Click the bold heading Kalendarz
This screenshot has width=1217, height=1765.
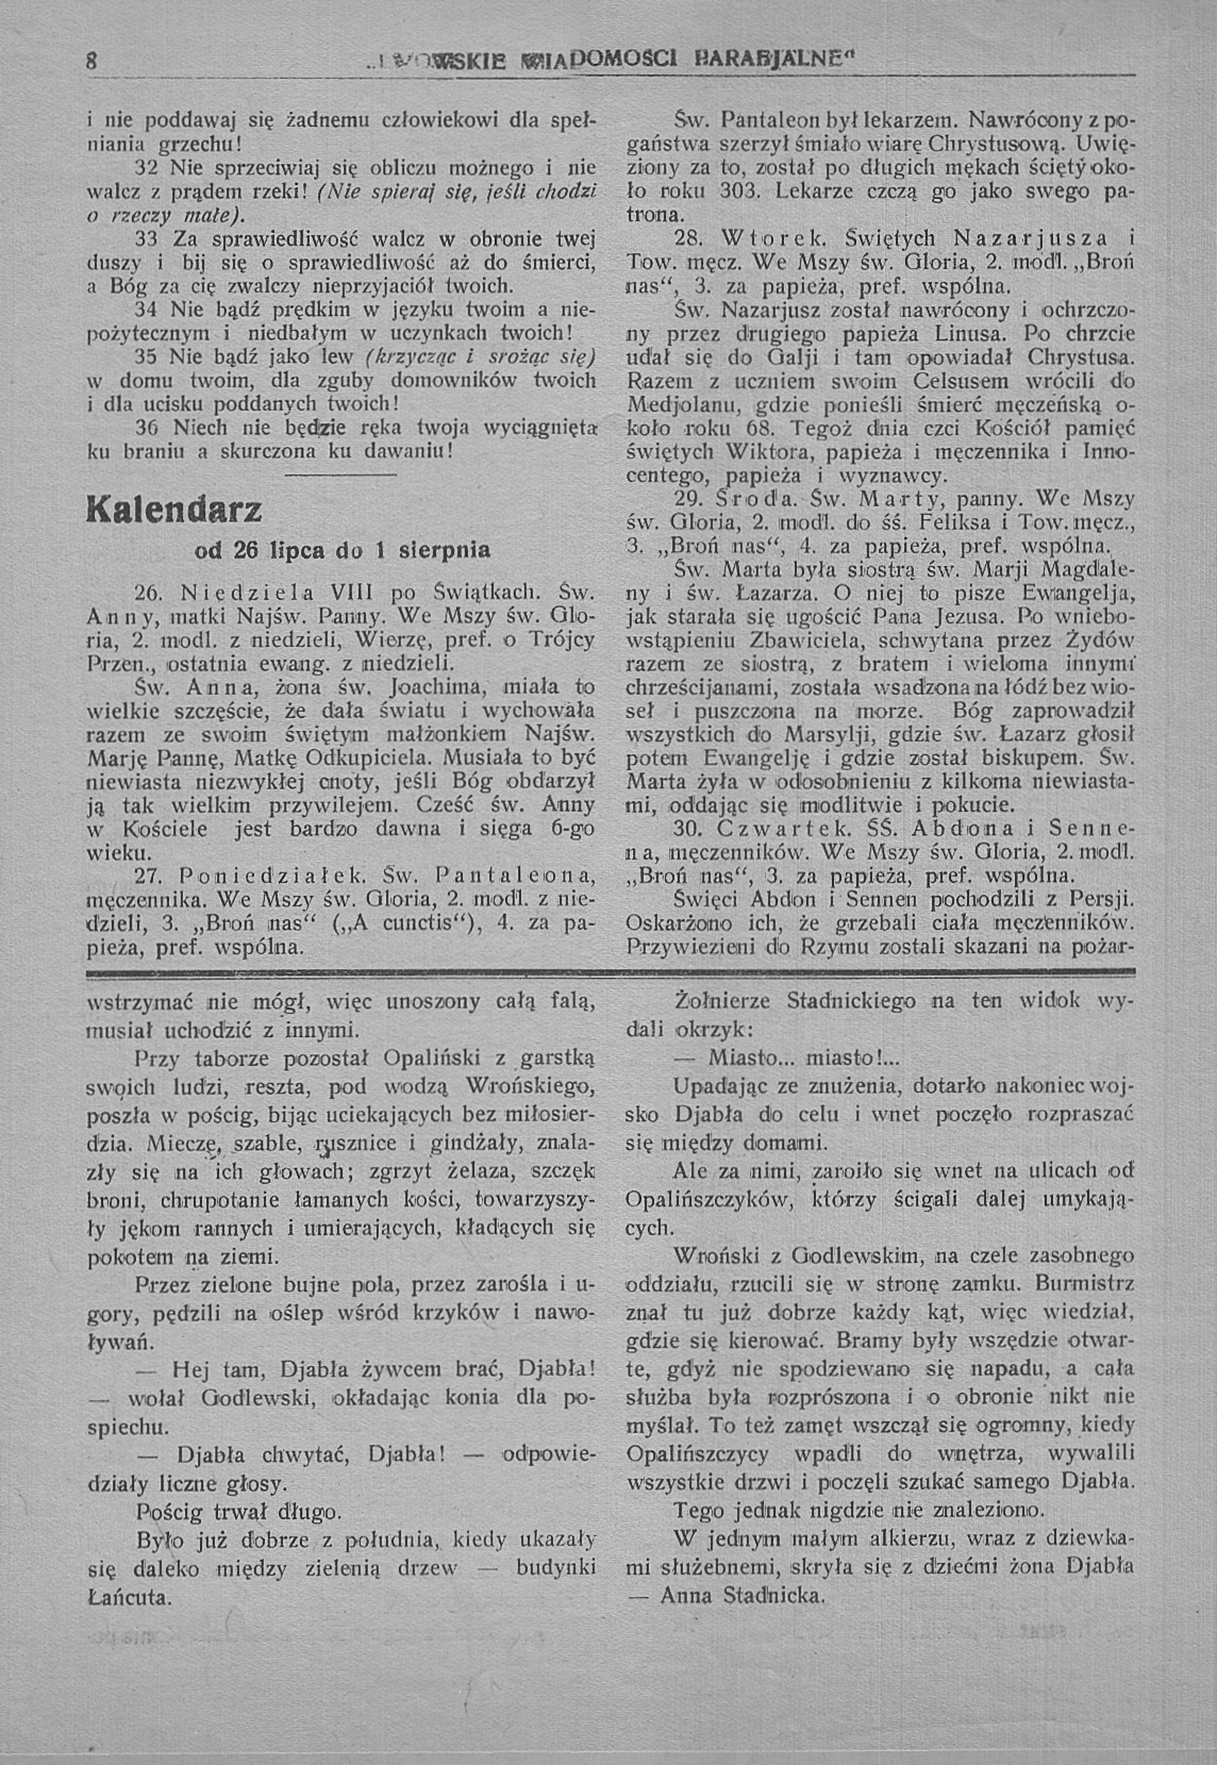pyautogui.click(x=175, y=508)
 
